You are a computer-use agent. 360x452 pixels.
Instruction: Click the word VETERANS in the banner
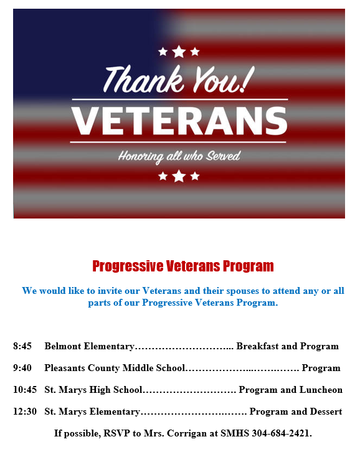pyautogui.click(x=179, y=121)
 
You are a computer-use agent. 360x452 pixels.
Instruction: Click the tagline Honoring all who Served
pyautogui.click(x=179, y=156)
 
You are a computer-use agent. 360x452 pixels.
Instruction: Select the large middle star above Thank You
pyautogui.click(x=179, y=52)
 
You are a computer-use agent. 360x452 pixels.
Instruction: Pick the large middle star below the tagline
pyautogui.click(x=179, y=176)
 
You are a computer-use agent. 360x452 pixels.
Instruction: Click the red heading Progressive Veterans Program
pyautogui.click(x=183, y=266)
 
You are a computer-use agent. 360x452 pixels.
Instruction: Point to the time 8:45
pyautogui.click(x=22, y=346)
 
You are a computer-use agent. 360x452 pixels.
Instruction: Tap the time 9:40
pyautogui.click(x=22, y=368)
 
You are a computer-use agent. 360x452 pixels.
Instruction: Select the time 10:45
pyautogui.click(x=24, y=390)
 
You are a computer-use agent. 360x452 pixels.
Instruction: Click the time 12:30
pyautogui.click(x=24, y=412)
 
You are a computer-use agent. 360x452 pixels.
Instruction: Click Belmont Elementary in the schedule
pyautogui.click(x=89, y=346)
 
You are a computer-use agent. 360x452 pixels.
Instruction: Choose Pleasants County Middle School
pyautogui.click(x=115, y=368)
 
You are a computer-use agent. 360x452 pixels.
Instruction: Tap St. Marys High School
pyautogui.click(x=93, y=390)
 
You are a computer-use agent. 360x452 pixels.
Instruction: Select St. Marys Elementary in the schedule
pyautogui.click(x=92, y=412)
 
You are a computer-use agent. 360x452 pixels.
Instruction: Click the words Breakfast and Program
pyautogui.click(x=287, y=346)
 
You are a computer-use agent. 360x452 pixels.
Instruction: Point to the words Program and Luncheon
pyautogui.click(x=291, y=390)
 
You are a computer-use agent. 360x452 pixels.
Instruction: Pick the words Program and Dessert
pyautogui.click(x=296, y=412)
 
